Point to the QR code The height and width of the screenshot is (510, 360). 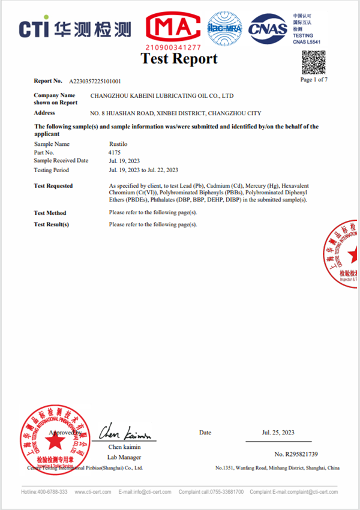tap(313, 62)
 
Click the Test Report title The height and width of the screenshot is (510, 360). tap(179, 59)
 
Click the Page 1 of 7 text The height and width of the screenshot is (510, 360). tap(313, 79)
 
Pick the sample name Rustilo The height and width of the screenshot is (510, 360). tap(117, 144)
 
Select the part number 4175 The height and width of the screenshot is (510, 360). tap(115, 152)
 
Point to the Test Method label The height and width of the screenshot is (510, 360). tap(50, 213)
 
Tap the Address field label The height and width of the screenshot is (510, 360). tap(45, 113)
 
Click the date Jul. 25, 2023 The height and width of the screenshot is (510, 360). tap(278, 432)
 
